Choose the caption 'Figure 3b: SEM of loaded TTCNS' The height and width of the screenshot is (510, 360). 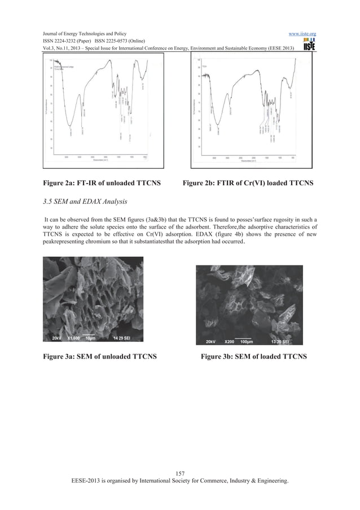click(254, 356)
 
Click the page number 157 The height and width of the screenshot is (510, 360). click(181, 473)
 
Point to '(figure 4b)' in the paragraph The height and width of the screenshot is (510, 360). click(247, 234)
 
